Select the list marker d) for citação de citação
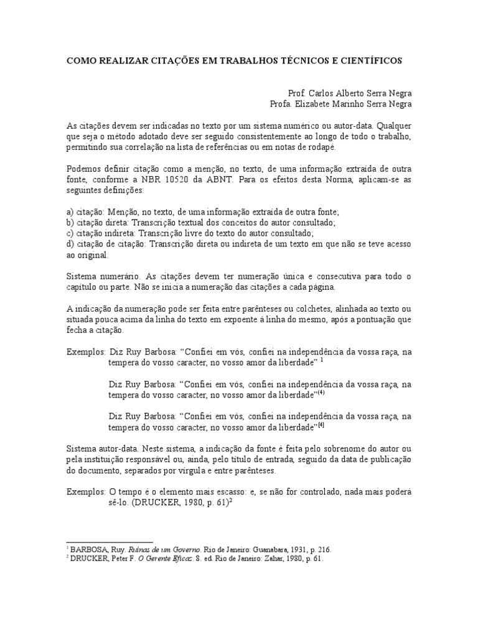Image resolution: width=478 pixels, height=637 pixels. click(x=70, y=243)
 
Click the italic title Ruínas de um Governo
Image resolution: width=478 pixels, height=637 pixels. click(x=165, y=550)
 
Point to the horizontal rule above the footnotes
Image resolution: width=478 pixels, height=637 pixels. click(x=109, y=542)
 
